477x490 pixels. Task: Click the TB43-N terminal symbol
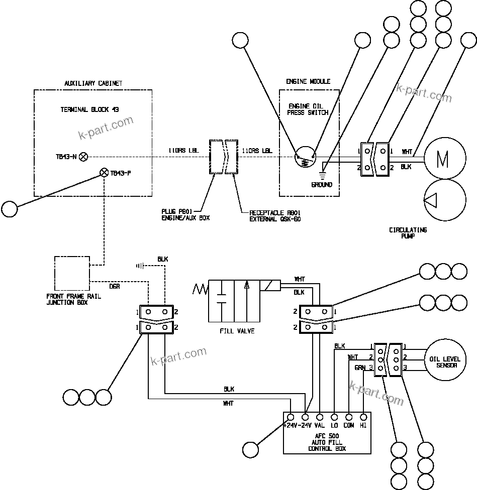84,157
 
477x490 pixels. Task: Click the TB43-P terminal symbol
104,173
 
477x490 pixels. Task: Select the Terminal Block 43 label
89,109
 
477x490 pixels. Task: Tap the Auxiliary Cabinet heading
93,83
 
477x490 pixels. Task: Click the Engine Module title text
308,81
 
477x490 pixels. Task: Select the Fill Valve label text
237,331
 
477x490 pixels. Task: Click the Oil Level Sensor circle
443,362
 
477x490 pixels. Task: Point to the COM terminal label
349,425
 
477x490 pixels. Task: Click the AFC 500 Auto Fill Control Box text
327,442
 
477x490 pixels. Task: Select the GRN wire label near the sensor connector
360,367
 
